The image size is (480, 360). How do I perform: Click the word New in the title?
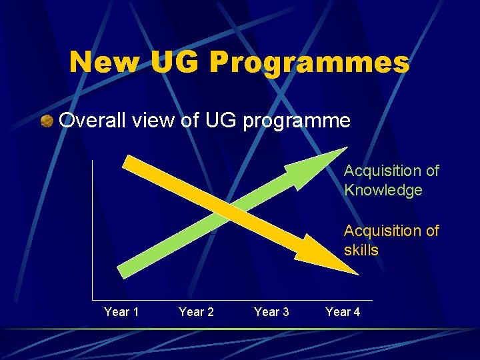coord(105,62)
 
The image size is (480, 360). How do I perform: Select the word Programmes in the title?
coord(309,63)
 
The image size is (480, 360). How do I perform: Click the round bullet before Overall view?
coord(47,121)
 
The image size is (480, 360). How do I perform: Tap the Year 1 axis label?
coord(121,312)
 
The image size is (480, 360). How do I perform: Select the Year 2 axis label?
coord(196,312)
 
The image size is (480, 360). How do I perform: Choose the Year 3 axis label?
coord(271,312)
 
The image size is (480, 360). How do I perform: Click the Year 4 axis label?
coord(343,312)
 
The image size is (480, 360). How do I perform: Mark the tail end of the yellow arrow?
coord(129,163)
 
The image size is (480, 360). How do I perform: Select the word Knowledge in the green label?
coord(383,191)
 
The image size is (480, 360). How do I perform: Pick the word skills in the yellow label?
coord(361,251)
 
